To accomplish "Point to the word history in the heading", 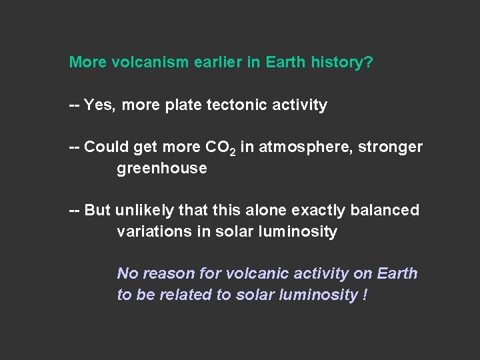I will tap(341, 63).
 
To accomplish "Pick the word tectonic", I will tap(226, 105).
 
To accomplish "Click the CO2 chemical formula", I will tap(220, 148).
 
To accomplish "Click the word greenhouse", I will tap(162, 169).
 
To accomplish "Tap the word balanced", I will tap(386, 211).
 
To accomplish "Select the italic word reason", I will tap(170, 274).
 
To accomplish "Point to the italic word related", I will tap(189, 295).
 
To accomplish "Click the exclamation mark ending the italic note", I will tap(365, 295).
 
